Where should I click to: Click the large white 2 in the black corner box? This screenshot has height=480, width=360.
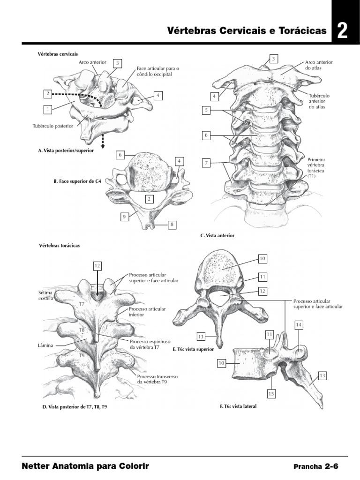tap(342, 31)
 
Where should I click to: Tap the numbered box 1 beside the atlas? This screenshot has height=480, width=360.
tap(47, 109)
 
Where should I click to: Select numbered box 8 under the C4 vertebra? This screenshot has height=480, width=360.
tap(172, 225)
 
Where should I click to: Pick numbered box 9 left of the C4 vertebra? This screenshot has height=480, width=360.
tap(124, 217)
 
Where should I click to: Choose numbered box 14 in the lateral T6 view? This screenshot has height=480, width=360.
tap(299, 324)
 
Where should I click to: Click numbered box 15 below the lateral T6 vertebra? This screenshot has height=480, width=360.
tap(271, 394)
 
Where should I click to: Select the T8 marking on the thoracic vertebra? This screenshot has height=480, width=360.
tap(82, 330)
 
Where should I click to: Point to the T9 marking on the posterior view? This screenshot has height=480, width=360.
tap(82, 355)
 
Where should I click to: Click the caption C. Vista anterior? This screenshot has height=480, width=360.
tap(217, 235)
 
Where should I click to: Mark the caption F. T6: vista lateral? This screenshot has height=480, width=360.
tap(238, 406)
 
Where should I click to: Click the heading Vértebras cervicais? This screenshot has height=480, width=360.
tap(58, 54)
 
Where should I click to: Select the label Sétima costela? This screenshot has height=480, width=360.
tap(46, 295)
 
